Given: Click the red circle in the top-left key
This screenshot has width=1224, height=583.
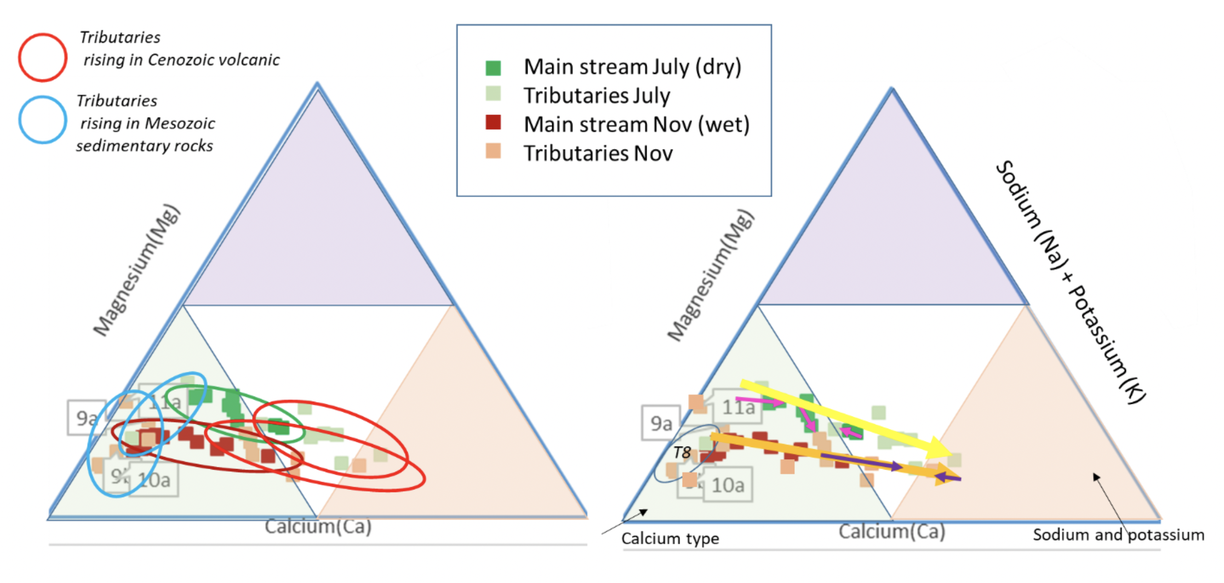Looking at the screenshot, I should pyautogui.click(x=43, y=58).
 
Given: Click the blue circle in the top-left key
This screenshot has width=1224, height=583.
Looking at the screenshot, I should pyautogui.click(x=43, y=120).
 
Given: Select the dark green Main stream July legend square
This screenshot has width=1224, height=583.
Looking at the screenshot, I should pyautogui.click(x=493, y=68).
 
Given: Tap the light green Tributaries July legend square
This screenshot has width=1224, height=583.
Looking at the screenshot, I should pyautogui.click(x=493, y=93).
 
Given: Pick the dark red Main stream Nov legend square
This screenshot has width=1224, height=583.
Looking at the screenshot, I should pyautogui.click(x=493, y=122).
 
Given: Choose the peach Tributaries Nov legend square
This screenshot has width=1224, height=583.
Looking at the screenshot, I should pyautogui.click(x=493, y=151).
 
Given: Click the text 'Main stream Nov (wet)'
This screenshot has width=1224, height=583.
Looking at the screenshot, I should pyautogui.click(x=636, y=125).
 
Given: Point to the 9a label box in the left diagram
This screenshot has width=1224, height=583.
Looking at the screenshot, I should pyautogui.click(x=85, y=418).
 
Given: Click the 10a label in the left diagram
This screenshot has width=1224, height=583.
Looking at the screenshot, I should pyautogui.click(x=155, y=481).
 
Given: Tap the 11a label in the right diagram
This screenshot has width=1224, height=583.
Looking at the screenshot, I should pyautogui.click(x=738, y=408).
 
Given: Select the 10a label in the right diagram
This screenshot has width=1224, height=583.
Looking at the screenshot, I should pyautogui.click(x=728, y=485).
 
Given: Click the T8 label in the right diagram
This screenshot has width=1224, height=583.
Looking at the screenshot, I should pyautogui.click(x=682, y=453).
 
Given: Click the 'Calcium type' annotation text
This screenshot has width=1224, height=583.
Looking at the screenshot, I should pyautogui.click(x=670, y=539).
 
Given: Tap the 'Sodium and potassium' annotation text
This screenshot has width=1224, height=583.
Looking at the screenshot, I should pyautogui.click(x=1118, y=535).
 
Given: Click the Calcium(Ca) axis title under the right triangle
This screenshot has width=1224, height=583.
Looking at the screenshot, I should pyautogui.click(x=892, y=531).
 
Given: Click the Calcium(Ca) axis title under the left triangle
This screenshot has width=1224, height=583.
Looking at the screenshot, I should pyautogui.click(x=318, y=527).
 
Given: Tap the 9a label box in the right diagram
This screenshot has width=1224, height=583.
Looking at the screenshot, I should pyautogui.click(x=661, y=423).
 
